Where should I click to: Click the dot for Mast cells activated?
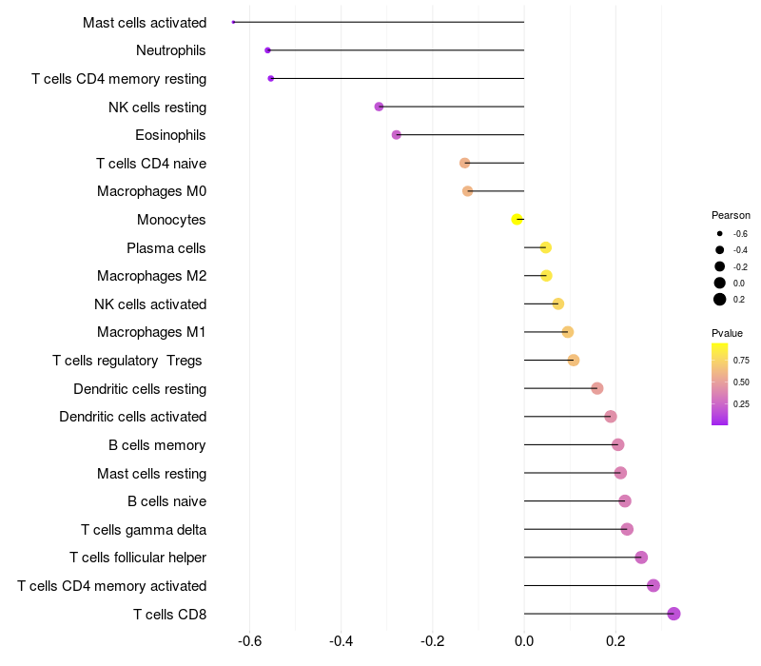(x=233, y=22)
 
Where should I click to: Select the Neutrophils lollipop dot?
(x=267, y=50)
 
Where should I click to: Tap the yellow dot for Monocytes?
(x=517, y=220)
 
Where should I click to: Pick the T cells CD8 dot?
(x=673, y=614)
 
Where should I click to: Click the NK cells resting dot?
(x=379, y=107)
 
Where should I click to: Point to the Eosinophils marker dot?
(x=397, y=135)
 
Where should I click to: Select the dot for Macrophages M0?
(x=467, y=191)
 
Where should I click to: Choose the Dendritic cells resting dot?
(x=597, y=388)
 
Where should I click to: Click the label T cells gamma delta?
(x=144, y=530)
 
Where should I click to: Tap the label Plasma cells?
(x=166, y=248)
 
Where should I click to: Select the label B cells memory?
(x=157, y=445)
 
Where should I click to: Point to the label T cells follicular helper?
(x=138, y=558)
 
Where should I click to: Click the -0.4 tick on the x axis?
(x=341, y=641)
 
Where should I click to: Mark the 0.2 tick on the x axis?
(x=615, y=641)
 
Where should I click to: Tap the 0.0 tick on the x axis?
(x=524, y=641)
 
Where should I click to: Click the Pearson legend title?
(x=731, y=215)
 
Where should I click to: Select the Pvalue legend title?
(x=727, y=333)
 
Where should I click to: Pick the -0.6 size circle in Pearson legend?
(x=720, y=233)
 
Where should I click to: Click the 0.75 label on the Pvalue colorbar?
(x=741, y=361)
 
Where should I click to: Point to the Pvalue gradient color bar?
(x=720, y=384)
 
